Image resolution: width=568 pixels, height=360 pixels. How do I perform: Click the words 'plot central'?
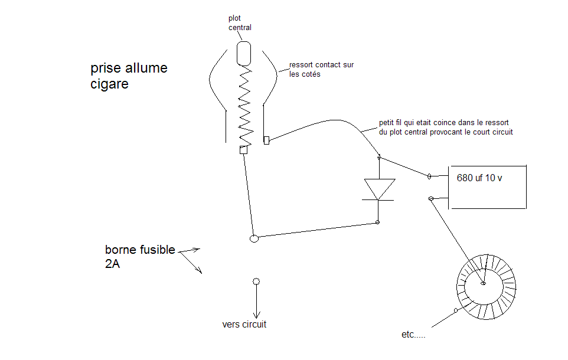coord(240,23)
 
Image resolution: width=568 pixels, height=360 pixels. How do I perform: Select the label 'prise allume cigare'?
coord(129,76)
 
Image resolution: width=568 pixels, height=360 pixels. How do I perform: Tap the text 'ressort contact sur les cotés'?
coord(321,70)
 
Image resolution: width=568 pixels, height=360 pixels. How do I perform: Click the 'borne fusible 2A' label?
coord(139,257)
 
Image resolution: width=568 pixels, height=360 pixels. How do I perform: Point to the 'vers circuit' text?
coord(244,325)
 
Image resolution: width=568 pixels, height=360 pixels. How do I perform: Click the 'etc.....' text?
coord(413,335)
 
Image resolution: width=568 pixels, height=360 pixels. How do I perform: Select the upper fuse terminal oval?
coord(254,238)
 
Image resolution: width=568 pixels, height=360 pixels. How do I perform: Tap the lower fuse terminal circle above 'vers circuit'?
coord(256,282)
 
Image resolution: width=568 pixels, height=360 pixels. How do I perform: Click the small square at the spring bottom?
coord(243,150)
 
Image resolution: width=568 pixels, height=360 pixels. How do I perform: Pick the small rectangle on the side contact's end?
coord(266,140)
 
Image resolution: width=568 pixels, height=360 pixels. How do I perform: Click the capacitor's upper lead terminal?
coord(430,176)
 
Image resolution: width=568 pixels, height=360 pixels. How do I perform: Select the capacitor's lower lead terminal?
coord(431,199)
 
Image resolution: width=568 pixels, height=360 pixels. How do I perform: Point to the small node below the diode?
coord(378,222)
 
